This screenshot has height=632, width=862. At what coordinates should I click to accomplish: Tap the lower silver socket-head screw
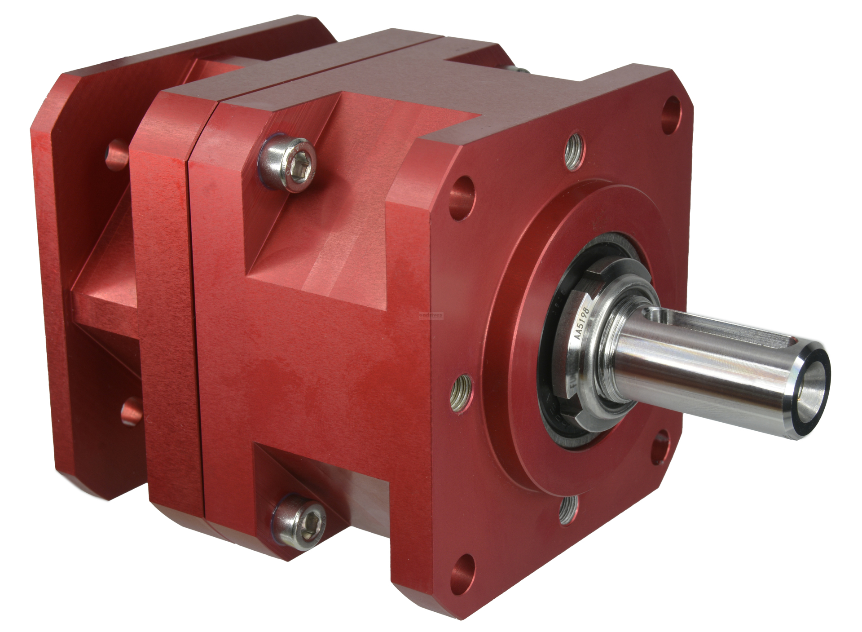coord(299,521)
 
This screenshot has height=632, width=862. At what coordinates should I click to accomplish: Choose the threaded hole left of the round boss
coord(461,386)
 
